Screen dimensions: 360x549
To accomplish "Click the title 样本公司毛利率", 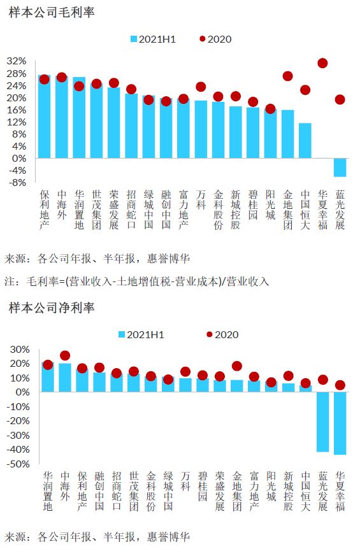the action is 52,13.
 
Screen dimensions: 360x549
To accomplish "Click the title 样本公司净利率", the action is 52,308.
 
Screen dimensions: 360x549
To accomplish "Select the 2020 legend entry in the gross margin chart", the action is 215,39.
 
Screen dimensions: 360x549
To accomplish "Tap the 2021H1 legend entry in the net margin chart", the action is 141,335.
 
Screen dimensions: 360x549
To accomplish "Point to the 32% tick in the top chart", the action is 17,61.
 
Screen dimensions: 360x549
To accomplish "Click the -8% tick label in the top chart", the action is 17,182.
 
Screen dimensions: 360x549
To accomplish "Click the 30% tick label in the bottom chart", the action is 20,350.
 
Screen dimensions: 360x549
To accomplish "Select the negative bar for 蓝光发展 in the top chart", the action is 340,168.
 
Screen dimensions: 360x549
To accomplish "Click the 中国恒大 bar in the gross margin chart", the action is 305,140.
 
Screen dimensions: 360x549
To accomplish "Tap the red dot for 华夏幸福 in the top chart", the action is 322,63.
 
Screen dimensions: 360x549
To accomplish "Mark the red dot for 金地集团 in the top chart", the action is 288,76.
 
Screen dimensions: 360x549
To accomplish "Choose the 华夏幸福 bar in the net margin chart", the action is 340,423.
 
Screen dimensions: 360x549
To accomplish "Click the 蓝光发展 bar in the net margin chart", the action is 322,422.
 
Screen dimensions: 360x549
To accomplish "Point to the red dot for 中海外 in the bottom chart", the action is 65,356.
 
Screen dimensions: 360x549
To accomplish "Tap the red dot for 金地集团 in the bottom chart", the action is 237,366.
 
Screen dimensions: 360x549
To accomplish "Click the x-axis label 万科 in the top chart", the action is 201,199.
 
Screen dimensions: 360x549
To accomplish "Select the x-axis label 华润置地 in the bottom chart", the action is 48,491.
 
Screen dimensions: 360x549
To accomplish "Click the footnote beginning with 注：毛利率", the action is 136,281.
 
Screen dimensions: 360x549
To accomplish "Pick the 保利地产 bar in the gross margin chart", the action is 44,117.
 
